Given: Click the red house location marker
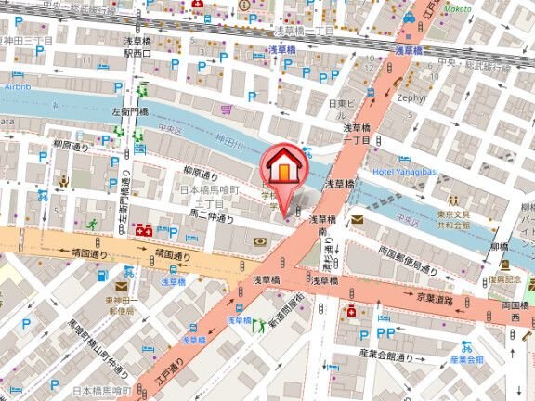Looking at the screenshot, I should pos(285,169).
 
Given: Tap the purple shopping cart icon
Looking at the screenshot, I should pos(226,109).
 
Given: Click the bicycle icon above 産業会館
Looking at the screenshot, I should pos(467,345).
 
